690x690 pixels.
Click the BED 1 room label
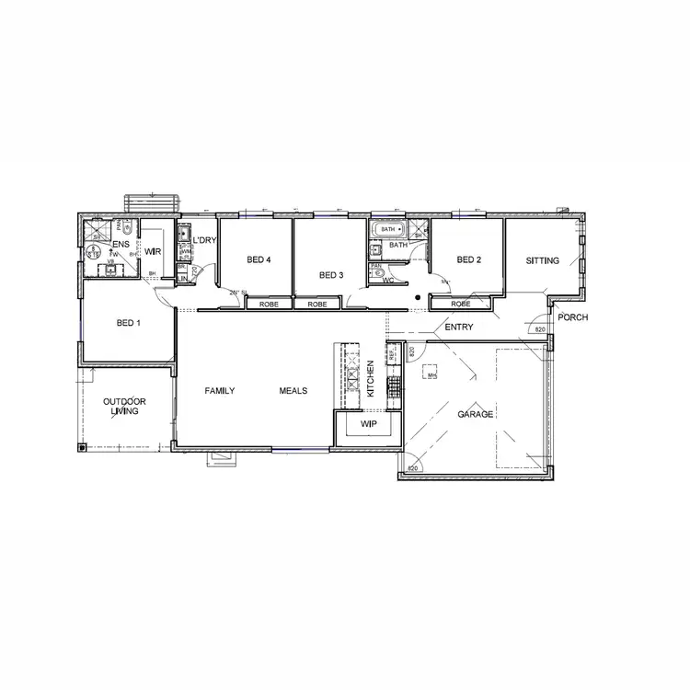(x=127, y=323)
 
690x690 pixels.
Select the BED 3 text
(x=330, y=275)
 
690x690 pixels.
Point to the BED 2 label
(x=469, y=259)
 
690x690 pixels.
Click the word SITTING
(x=542, y=260)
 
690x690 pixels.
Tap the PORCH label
(x=572, y=318)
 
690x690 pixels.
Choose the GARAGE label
(x=476, y=414)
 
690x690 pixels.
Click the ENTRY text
(x=458, y=327)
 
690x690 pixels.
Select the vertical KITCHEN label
(x=370, y=379)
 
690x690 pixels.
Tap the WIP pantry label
(x=369, y=424)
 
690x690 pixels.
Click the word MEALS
(x=293, y=390)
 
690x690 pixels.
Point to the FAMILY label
(x=219, y=390)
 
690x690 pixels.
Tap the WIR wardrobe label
(x=154, y=251)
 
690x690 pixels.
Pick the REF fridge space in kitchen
(x=391, y=352)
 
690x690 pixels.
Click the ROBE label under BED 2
(x=461, y=304)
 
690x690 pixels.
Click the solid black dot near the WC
(x=417, y=297)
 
